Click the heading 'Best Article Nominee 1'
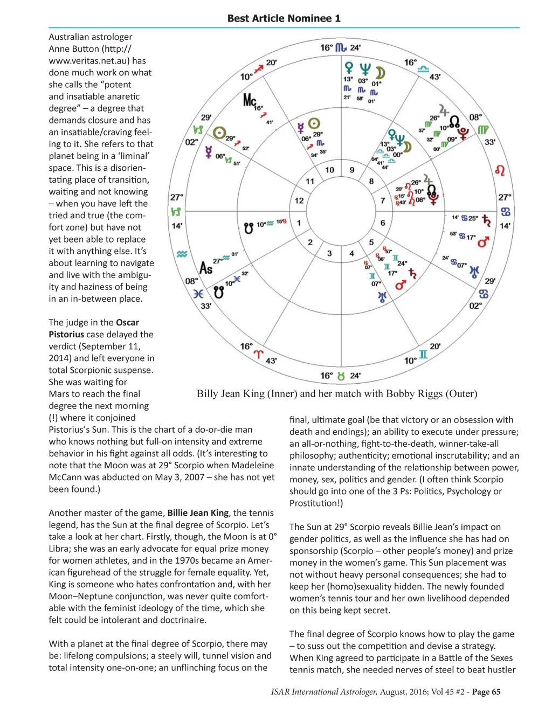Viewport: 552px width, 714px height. coord(284,18)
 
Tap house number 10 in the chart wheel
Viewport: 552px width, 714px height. coord(329,170)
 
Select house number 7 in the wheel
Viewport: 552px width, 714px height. coord(383,200)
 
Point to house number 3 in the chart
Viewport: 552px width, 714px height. coord(329,253)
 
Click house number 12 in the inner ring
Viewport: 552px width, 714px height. coord(299,200)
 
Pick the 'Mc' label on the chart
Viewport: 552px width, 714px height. coord(249,100)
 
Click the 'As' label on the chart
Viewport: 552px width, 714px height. coord(206,268)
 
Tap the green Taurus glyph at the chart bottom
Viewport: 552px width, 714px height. coord(341,376)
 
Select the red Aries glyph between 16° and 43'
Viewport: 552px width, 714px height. coord(259,354)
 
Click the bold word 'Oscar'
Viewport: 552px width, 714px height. coord(127,322)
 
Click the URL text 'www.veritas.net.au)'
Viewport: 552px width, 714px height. coord(89,61)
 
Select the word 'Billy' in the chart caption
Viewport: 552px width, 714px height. coord(208,394)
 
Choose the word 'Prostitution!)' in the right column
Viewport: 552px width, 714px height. coord(316,503)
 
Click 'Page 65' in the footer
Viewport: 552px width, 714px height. coord(486,692)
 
